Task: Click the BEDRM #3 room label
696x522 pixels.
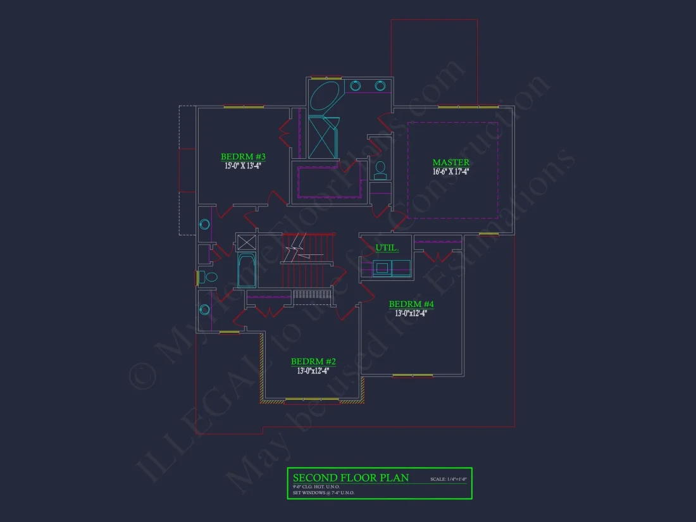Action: point(243,156)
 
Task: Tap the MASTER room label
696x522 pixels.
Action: point(451,163)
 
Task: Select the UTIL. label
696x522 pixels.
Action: point(387,247)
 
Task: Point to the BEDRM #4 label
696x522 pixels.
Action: point(411,304)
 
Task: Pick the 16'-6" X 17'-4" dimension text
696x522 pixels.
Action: point(451,171)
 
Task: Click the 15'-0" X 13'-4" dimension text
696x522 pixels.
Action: point(243,166)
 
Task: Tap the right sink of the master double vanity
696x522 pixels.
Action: point(380,85)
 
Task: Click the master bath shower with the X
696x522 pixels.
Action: point(323,137)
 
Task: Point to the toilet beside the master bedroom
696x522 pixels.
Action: point(380,169)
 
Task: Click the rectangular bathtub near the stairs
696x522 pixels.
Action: point(246,270)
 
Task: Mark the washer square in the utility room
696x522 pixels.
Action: point(382,268)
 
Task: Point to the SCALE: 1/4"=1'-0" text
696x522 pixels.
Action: point(447,479)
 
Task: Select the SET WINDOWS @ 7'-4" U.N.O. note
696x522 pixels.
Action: point(323,492)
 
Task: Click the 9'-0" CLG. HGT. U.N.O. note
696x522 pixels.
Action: point(316,486)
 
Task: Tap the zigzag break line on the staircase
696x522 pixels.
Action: point(295,248)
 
